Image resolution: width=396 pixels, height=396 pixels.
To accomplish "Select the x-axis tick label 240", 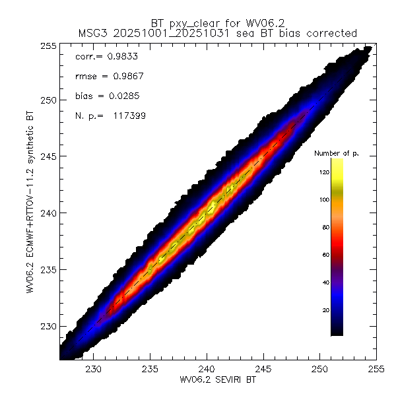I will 207,368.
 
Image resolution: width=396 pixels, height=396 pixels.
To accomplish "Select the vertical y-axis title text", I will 31,202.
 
